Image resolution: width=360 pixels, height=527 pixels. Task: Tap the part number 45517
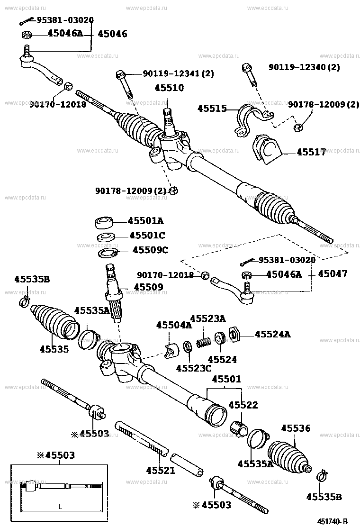point(311,152)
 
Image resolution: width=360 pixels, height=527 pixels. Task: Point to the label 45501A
point(147,220)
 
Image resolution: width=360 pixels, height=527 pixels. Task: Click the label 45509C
point(150,250)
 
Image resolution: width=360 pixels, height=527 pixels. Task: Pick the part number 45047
point(333,274)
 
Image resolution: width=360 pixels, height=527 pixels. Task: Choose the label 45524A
point(273,335)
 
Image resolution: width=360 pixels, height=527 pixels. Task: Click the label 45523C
point(194,368)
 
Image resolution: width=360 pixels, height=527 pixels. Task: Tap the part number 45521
point(161,471)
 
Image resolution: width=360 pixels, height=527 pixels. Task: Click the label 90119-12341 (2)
point(179,73)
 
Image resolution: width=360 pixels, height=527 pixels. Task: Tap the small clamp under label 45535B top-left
point(24,302)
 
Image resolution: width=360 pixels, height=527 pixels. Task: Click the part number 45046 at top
point(113,34)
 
